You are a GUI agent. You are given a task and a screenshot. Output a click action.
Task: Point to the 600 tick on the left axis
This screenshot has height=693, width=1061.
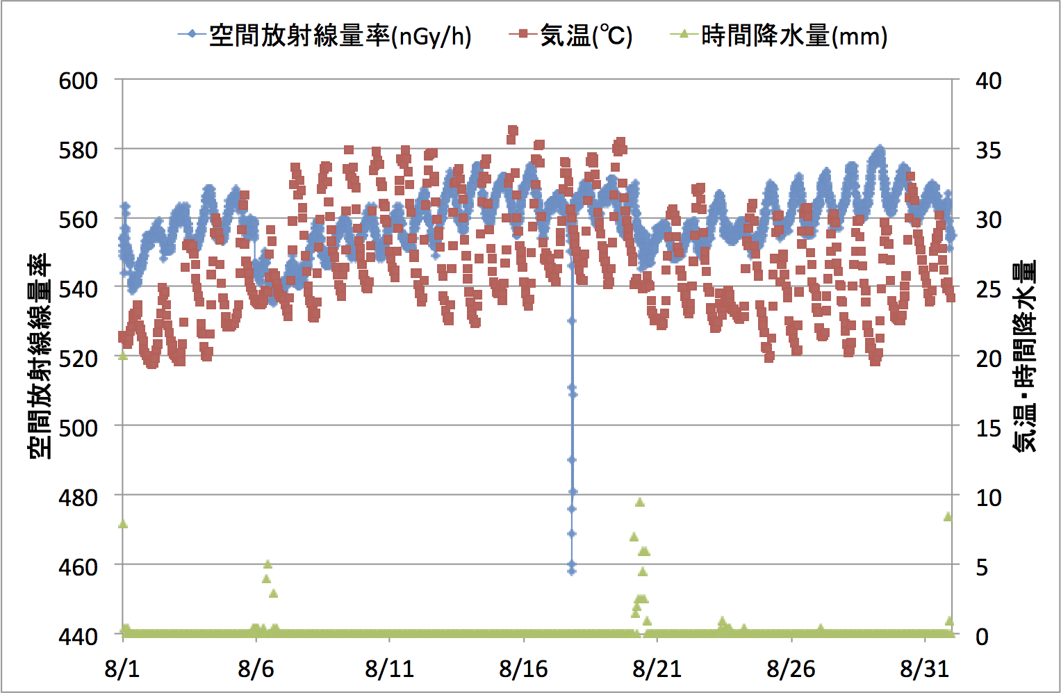[78, 81]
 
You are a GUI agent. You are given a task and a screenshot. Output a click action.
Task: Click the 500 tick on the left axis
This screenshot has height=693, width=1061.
[78, 427]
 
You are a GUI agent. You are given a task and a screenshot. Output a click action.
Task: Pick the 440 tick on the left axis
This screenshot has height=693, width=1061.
[78, 635]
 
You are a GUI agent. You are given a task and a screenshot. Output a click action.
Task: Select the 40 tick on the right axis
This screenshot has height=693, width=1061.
[989, 81]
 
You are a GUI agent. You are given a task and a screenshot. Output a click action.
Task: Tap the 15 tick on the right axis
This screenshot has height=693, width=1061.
[989, 427]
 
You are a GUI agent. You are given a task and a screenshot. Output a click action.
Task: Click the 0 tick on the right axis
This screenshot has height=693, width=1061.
[982, 635]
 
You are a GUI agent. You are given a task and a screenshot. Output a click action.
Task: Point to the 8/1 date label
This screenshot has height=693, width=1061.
[122, 669]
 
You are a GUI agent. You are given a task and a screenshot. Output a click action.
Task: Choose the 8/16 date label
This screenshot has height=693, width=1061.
[523, 669]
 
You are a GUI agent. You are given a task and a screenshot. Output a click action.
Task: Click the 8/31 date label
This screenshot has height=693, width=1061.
[924, 669]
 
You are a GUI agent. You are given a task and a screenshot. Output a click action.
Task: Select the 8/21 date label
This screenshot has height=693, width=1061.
[657, 669]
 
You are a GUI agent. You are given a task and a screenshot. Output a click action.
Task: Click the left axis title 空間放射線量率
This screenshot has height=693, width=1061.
[40, 356]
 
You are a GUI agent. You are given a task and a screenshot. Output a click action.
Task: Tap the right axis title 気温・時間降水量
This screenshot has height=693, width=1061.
[1025, 356]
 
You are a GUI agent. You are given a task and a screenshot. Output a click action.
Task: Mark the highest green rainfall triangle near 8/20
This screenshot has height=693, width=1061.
[640, 502]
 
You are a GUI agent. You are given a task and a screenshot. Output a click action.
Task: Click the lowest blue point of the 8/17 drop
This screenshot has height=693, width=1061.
[572, 571]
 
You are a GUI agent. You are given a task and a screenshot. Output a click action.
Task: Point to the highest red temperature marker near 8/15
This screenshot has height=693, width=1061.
[513, 130]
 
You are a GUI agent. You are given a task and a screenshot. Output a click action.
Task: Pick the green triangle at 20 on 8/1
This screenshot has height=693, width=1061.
[123, 356]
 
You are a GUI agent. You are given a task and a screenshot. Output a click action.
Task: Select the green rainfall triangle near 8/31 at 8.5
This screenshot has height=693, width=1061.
[948, 516]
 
